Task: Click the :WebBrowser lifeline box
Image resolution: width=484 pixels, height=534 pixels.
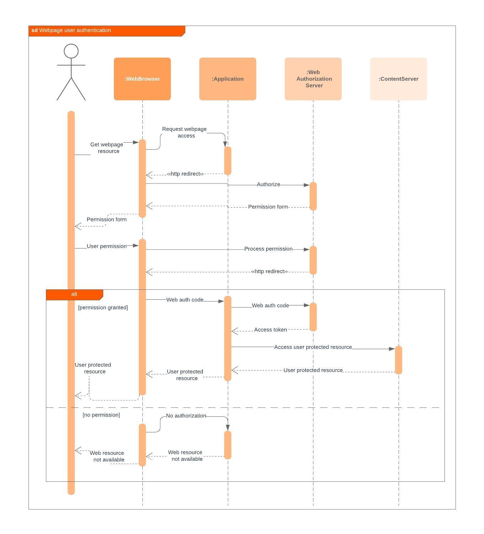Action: (142, 79)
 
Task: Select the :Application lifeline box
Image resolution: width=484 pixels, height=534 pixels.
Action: (228, 79)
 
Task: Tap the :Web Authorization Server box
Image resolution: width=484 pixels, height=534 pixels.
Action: (313, 79)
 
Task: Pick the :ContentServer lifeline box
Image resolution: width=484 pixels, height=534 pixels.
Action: (399, 79)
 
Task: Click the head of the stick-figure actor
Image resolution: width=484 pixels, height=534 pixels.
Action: (71, 51)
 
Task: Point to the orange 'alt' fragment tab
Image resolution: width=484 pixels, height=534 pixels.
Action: (74, 294)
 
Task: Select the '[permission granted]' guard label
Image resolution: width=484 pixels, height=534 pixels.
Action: (103, 308)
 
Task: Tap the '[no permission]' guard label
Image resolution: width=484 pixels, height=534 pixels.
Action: (101, 415)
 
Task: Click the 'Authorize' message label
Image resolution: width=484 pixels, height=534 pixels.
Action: (268, 185)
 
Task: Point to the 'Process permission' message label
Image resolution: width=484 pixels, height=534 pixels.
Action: (268, 249)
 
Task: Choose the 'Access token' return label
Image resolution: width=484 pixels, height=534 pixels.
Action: (270, 330)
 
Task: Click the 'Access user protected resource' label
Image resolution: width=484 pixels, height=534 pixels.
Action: (313, 347)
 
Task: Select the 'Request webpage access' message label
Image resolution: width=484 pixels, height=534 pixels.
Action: (184, 132)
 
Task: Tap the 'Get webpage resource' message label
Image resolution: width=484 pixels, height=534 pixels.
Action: (107, 148)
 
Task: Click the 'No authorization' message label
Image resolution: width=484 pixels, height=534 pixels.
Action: (186, 416)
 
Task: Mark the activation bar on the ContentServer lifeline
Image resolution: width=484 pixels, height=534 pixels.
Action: (399, 360)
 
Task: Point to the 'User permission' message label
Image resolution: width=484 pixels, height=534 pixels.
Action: (106, 246)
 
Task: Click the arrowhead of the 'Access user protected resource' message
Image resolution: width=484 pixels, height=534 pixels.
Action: (392, 349)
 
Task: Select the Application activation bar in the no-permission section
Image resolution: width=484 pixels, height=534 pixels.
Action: (228, 445)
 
